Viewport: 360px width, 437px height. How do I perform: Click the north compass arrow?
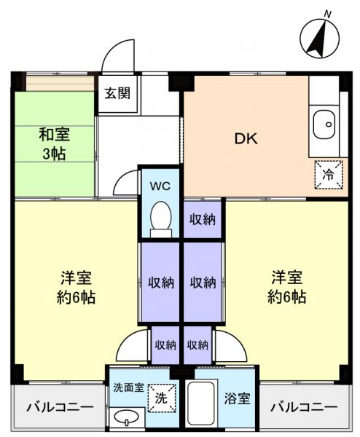tap(317, 41)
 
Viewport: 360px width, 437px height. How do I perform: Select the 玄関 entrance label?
tap(117, 94)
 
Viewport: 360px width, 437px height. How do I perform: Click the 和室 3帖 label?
tap(55, 143)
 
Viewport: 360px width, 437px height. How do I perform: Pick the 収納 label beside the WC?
tap(203, 220)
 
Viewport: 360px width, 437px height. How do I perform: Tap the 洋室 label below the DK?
tap(287, 287)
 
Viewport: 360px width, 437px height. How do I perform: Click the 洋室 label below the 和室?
tap(76, 287)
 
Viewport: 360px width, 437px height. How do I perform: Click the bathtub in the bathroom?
tap(200, 405)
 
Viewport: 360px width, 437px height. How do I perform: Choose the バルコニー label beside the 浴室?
tap(304, 407)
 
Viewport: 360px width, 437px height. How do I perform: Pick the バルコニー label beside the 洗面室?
tap(55, 407)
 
